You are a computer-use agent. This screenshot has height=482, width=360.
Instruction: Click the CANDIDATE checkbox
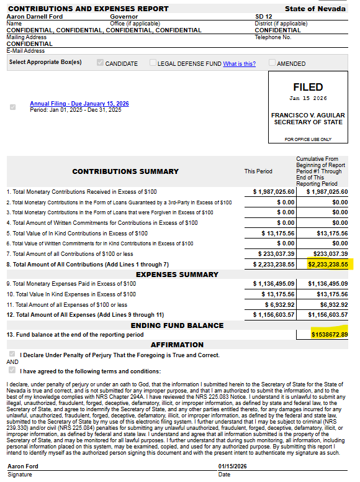click(x=100, y=63)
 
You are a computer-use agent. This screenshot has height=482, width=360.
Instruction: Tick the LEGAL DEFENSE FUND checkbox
click(x=153, y=63)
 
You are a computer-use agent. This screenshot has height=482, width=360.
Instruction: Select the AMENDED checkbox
click(x=272, y=63)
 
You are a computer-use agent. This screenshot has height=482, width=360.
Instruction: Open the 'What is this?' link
click(x=239, y=63)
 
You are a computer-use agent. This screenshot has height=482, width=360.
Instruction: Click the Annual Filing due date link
click(x=79, y=104)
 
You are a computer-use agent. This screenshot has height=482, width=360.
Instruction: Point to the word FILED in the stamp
click(x=308, y=88)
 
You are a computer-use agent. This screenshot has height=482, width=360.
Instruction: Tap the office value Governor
click(x=124, y=17)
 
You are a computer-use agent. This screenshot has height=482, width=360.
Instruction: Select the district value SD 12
click(x=263, y=17)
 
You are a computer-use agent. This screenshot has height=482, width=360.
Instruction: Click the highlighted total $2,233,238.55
click(x=328, y=264)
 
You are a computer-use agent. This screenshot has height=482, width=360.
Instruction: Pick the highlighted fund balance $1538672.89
click(x=330, y=334)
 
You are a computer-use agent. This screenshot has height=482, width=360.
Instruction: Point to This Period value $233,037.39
click(x=276, y=253)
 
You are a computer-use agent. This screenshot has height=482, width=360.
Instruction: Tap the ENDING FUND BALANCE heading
click(x=178, y=325)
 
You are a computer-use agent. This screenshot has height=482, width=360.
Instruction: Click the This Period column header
click(x=258, y=171)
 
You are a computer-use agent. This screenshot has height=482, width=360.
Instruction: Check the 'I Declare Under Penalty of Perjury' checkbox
click(x=12, y=355)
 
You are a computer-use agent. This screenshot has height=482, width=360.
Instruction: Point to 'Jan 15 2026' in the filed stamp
click(x=308, y=98)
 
